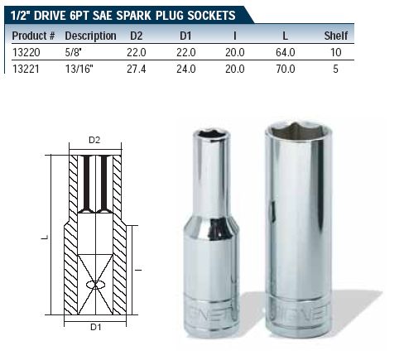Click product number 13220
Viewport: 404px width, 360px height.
[26, 52]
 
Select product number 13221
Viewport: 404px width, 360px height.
[26, 69]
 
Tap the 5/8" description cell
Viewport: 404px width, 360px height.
[74, 52]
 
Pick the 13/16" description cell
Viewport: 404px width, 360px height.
[79, 69]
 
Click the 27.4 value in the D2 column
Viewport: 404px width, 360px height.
[137, 69]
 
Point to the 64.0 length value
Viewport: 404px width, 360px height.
[286, 52]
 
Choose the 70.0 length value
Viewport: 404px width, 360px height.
[286, 69]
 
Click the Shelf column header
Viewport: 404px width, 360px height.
[336, 36]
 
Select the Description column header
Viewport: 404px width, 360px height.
[90, 36]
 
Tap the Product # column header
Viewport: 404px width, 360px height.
[33, 36]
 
